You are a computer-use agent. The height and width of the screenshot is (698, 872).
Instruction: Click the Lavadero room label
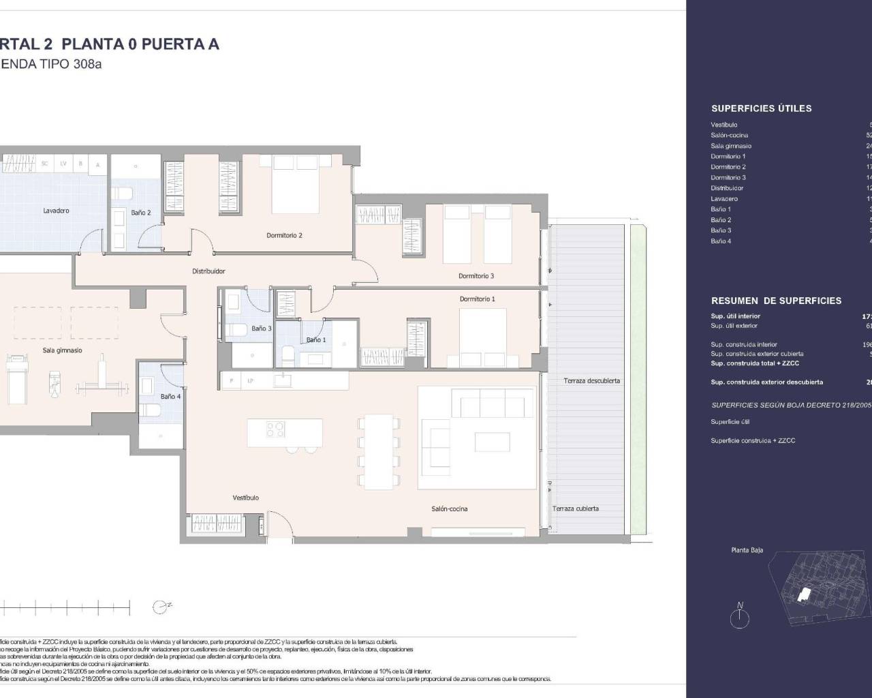tap(56, 211)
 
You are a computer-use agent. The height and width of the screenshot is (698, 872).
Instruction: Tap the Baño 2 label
tap(140, 213)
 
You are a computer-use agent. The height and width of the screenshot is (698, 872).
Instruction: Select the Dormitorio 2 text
tap(284, 236)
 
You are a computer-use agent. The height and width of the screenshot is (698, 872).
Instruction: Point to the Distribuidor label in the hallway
tap(208, 271)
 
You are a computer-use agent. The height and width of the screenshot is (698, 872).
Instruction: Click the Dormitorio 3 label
tap(476, 276)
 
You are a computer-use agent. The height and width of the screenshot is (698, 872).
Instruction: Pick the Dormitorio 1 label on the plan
tap(477, 299)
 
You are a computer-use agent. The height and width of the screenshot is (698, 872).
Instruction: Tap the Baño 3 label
tap(262, 329)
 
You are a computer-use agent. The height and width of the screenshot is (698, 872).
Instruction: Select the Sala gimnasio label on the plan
tap(62, 350)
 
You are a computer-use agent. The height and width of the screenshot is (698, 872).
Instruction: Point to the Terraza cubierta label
tap(576, 509)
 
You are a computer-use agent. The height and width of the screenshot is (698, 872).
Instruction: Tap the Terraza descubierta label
tap(591, 381)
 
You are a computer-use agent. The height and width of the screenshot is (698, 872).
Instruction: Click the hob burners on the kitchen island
tap(275, 430)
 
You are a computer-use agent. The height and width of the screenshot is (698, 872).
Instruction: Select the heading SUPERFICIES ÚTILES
tap(761, 108)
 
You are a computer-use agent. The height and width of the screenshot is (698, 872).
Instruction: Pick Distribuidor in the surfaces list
tap(727, 188)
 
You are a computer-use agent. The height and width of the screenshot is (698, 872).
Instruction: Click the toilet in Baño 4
tap(152, 410)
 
